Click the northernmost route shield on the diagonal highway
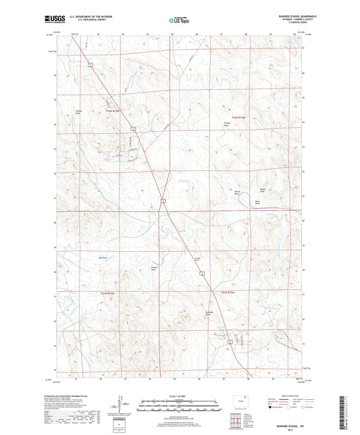(90, 64)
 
